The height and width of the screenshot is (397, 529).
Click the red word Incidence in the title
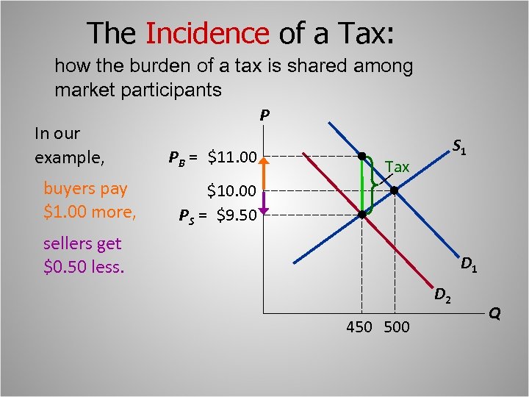(x=208, y=33)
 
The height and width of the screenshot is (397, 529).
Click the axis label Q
(x=494, y=314)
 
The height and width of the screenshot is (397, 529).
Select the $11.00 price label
(x=232, y=157)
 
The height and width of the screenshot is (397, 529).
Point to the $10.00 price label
(x=231, y=191)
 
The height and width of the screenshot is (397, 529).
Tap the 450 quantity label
(x=359, y=327)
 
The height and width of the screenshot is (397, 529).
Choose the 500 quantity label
(x=397, y=327)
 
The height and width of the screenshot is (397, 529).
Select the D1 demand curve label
(x=469, y=264)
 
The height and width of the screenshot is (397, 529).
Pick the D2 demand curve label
(x=442, y=296)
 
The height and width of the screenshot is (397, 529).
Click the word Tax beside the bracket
(x=397, y=168)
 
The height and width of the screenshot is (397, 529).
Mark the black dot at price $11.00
(x=361, y=156)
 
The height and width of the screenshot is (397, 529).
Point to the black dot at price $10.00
(x=394, y=191)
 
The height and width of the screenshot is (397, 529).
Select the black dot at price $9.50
(x=361, y=215)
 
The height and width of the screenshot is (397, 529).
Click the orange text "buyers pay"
(x=85, y=188)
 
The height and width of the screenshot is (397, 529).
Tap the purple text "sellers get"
(x=82, y=243)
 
